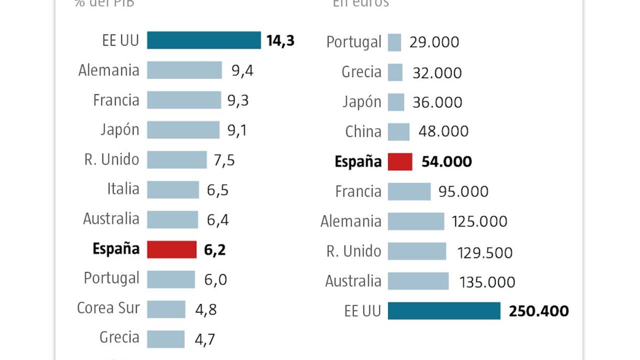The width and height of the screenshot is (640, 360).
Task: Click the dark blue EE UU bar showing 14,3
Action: pyautogui.click(x=203, y=40)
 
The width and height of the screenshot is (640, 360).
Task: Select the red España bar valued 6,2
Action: pyautogui.click(x=171, y=249)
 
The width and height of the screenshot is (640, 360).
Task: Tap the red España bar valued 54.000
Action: pyautogui.click(x=400, y=162)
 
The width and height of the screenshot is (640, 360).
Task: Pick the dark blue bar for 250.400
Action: pyautogui.click(x=444, y=310)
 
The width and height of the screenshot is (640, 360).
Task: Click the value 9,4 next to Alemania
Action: pyautogui.click(x=242, y=70)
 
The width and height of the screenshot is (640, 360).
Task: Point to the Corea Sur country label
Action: pyautogui.click(x=108, y=308)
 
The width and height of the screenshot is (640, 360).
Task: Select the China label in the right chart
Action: pyautogui.click(x=363, y=132)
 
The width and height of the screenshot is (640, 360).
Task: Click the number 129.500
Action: pyautogui.click(x=484, y=252)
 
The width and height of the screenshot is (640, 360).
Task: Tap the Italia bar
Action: pyautogui.click(x=172, y=190)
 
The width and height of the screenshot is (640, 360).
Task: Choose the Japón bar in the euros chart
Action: pyautogui.click(x=395, y=102)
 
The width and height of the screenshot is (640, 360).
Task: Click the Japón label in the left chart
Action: pyautogui.click(x=119, y=130)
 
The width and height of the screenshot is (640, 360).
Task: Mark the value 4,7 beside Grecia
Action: pyautogui.click(x=204, y=339)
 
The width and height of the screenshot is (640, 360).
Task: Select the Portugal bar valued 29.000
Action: pyautogui.click(x=394, y=42)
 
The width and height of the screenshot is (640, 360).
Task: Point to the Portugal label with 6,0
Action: pyautogui.click(x=111, y=278)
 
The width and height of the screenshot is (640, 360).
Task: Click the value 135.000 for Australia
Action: pyautogui.click(x=487, y=282)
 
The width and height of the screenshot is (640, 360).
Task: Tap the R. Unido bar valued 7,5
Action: pyautogui.click(x=176, y=160)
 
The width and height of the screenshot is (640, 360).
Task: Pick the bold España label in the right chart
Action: pyautogui.click(x=358, y=162)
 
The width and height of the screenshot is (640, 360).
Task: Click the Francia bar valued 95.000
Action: pyautogui.click(x=409, y=191)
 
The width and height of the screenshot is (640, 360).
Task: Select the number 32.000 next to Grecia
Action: pyautogui.click(x=437, y=73)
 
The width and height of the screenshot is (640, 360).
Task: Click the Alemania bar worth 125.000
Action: pyautogui.click(x=415, y=221)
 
